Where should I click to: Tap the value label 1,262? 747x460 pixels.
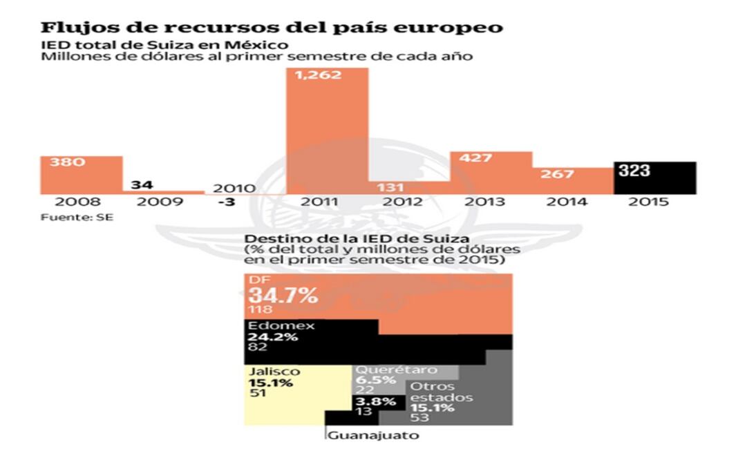(319, 75)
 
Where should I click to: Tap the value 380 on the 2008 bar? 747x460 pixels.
(63, 163)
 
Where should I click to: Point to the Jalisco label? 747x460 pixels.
(274, 372)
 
